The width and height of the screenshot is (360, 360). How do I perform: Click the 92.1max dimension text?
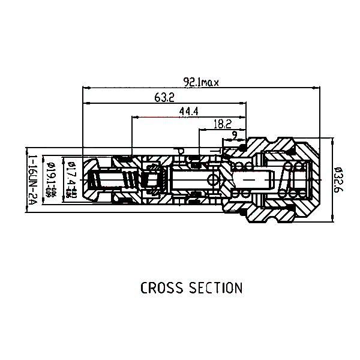click(201, 83)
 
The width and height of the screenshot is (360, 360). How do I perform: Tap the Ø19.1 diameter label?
click(52, 179)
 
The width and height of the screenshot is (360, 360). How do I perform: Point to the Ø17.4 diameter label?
click(70, 179)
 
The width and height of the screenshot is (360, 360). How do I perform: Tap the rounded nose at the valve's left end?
click(88, 179)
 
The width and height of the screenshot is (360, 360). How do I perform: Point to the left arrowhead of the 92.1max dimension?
click(85, 87)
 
